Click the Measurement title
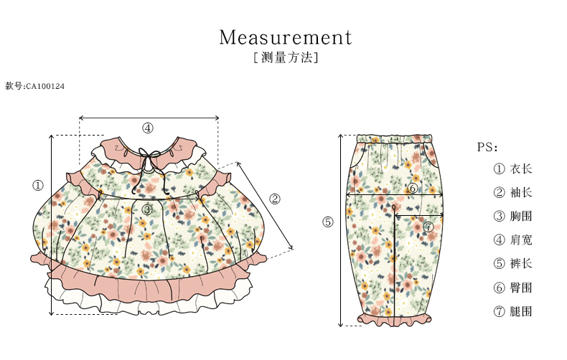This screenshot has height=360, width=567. click(286, 37)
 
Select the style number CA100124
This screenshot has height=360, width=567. click(35, 86)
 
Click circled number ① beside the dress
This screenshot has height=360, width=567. click(38, 186)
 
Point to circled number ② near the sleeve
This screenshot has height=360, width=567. click(275, 199)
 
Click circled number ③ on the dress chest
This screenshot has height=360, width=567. click(147, 209)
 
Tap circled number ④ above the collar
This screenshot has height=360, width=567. click(147, 128)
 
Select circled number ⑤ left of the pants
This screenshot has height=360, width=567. click(328, 222)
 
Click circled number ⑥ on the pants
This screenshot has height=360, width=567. click(412, 189)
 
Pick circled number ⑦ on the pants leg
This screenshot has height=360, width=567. click(428, 227)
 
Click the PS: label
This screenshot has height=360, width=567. click(487, 147)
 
